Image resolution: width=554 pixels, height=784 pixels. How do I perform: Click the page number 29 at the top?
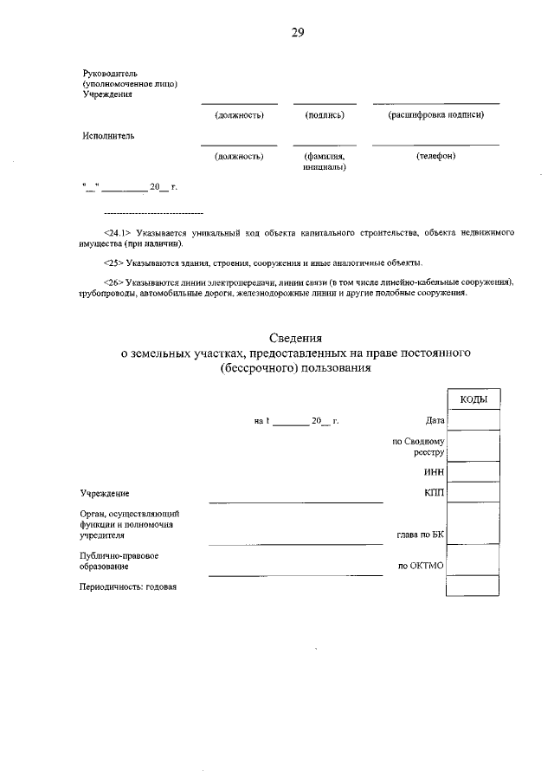pos(297,33)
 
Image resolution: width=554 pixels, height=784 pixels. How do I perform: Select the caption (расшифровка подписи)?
pos(435,114)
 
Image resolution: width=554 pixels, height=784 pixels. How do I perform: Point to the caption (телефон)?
pos(435,156)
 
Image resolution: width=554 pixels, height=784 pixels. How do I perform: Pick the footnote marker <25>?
pos(113,262)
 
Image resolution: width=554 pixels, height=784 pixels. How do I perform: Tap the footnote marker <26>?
pos(113,282)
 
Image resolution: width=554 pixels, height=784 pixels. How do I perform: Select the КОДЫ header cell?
pos(473,398)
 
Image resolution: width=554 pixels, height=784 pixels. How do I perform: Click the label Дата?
pos(435,421)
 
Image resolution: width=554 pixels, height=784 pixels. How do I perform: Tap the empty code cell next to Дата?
pos(473,420)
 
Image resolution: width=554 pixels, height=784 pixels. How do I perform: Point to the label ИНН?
pos(434,472)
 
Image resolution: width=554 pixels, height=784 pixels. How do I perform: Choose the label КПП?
pos(434,493)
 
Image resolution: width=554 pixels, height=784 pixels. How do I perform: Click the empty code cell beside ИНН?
pos(473,472)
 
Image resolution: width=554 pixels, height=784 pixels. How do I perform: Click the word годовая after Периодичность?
pos(161,586)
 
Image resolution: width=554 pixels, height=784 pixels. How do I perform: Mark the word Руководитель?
pos(110,73)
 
